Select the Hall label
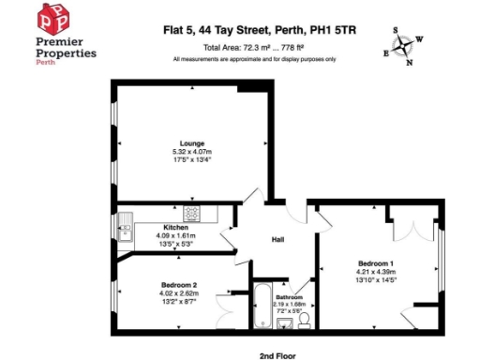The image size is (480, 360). coord(278,238)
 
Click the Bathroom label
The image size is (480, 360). coord(289,297)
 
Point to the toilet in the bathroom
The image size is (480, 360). coord(304,322)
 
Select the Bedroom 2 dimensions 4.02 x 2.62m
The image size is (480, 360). coord(180,294)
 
